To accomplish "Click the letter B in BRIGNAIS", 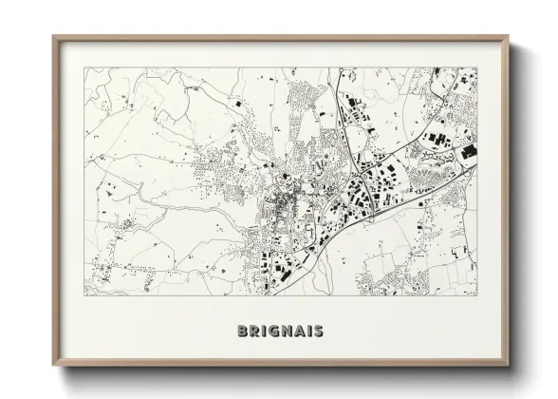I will (x=235, y=332).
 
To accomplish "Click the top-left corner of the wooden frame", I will (x=53, y=36).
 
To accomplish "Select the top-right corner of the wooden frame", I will (x=509, y=36).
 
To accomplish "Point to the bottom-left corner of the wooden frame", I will (x=53, y=369).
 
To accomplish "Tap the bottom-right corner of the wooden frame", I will (x=509, y=369).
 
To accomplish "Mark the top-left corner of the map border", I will (x=84, y=66).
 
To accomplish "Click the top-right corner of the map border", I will (x=477, y=66).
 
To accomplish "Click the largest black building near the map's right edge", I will (x=468, y=151).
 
